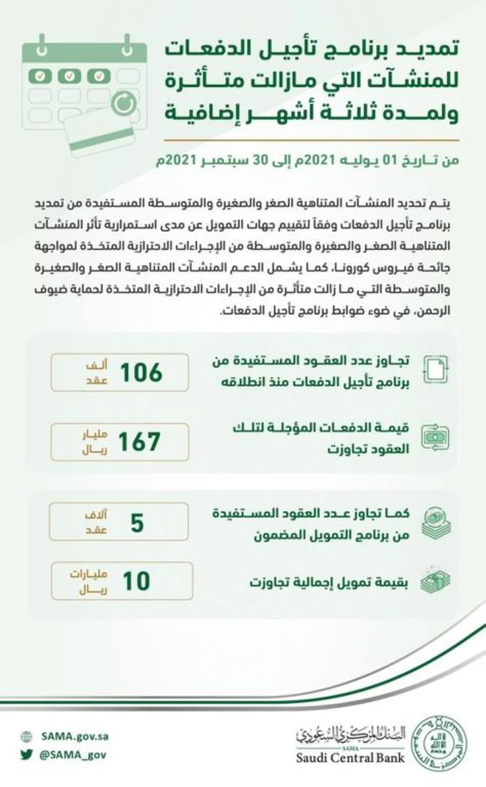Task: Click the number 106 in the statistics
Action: pos(141,372)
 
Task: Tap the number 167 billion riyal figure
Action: pos(139,442)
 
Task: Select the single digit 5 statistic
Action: pos(137,522)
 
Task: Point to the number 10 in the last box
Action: pos(136,581)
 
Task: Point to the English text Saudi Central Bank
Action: pos(350,757)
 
